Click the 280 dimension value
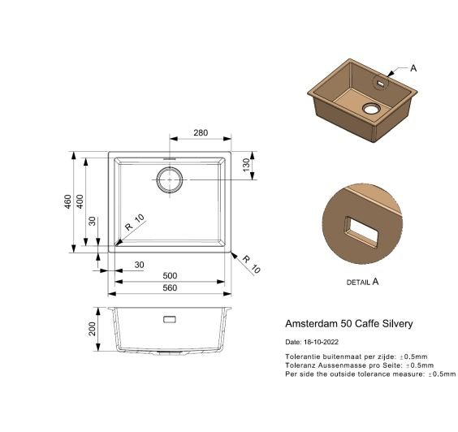pyautogui.click(x=201, y=132)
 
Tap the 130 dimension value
pyautogui.click(x=246, y=165)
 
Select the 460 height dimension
pyautogui.click(x=67, y=201)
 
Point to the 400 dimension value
pyautogui.click(x=80, y=201)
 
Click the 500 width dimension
pyautogui.click(x=170, y=275)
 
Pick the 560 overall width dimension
pyautogui.click(x=170, y=287)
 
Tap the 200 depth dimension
pyautogui.click(x=92, y=329)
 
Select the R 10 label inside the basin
pyautogui.click(x=135, y=222)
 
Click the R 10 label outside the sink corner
pyautogui.click(x=251, y=265)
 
